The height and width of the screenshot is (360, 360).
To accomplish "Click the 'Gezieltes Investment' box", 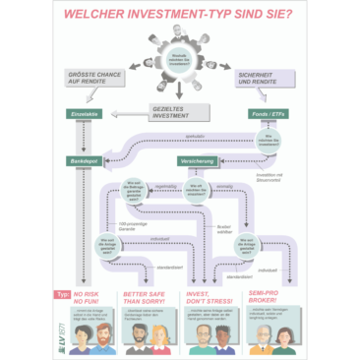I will pyautogui.click(x=167, y=112).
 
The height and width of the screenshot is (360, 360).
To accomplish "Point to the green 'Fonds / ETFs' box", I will pyautogui.click(x=265, y=114).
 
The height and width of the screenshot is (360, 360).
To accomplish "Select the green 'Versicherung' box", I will pyautogui.click(x=198, y=160).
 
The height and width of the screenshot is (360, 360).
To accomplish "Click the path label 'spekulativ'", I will pyautogui.click(x=196, y=135).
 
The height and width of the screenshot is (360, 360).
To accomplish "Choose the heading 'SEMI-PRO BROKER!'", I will pyautogui.click(x=270, y=297).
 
